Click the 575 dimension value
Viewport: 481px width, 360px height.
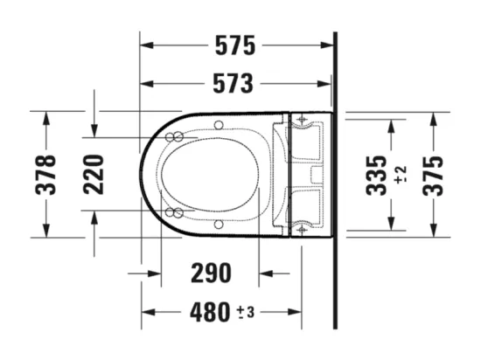point(235,45)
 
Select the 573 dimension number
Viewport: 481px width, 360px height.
point(234,83)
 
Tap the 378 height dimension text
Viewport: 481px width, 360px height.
point(45,175)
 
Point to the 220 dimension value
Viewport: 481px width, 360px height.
point(94,175)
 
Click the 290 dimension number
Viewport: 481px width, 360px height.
point(211,273)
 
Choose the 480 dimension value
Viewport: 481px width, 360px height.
point(210,312)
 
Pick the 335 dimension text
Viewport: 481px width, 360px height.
point(376,176)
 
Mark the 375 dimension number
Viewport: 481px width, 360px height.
point(433,176)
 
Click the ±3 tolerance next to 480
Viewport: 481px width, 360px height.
point(246,313)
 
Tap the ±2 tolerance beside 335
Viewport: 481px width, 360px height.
point(401,175)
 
